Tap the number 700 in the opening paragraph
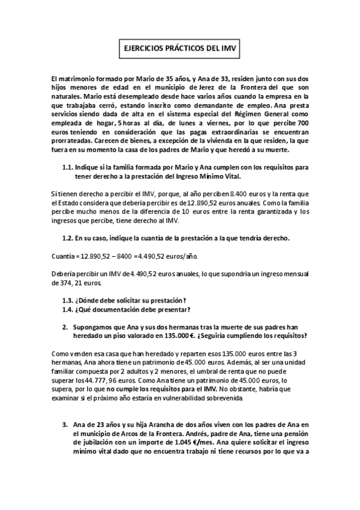[302, 121]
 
